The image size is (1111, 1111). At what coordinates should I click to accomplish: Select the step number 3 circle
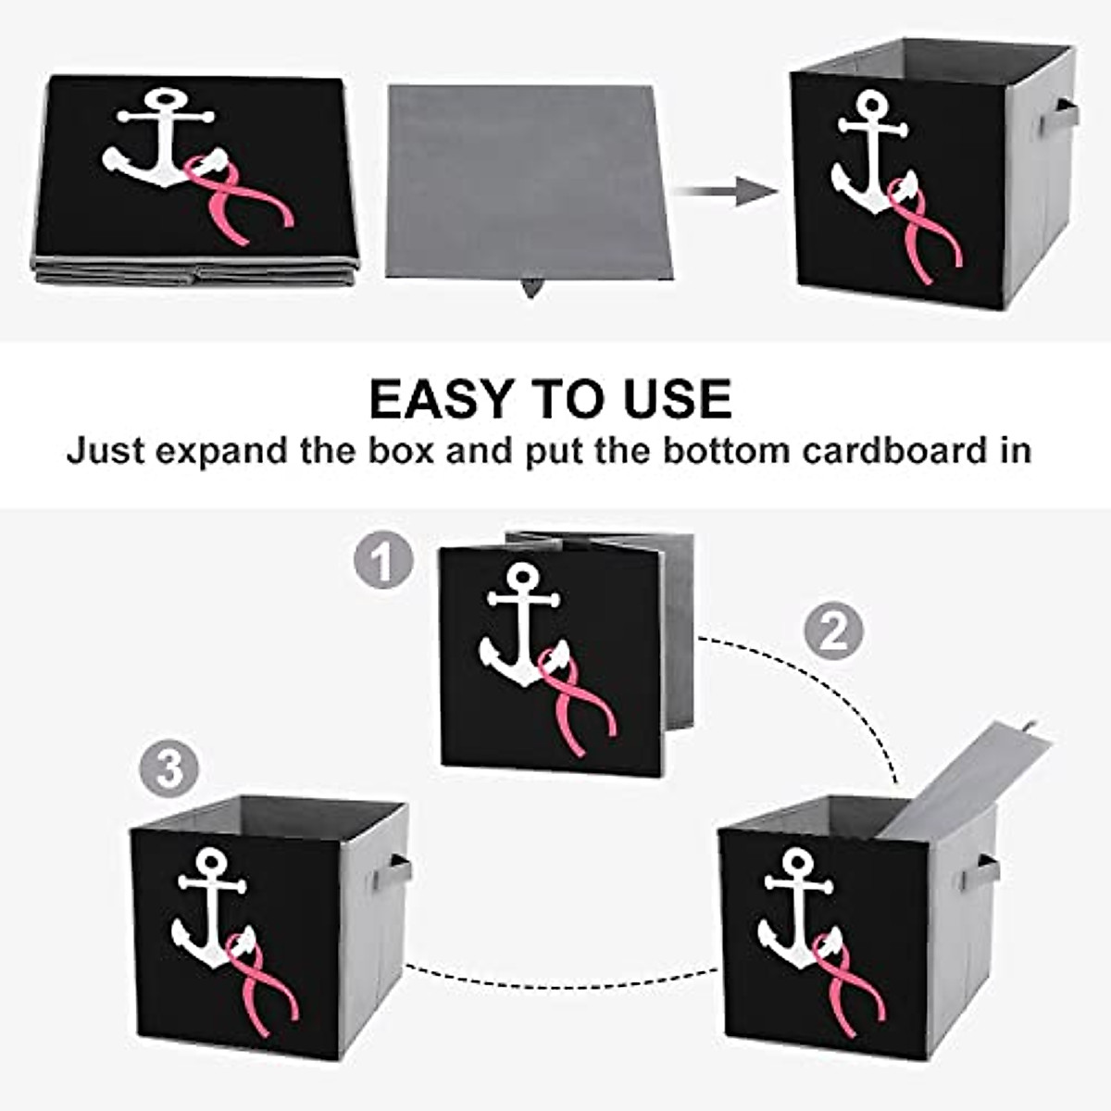(x=170, y=768)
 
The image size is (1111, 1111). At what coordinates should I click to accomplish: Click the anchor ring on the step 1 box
(x=523, y=575)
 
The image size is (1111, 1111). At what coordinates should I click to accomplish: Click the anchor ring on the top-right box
(x=870, y=104)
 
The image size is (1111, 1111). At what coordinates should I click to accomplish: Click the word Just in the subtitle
(x=104, y=451)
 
